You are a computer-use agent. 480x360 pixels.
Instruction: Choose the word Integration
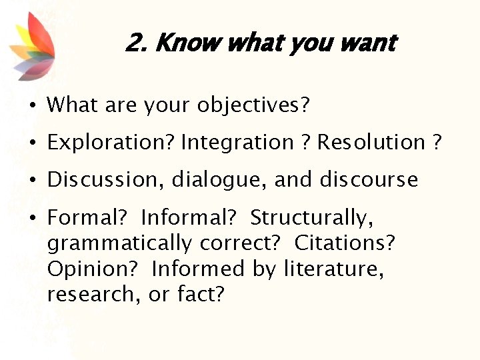237,143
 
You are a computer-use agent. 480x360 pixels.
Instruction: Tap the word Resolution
371,143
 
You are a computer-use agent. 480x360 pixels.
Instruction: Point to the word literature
333,268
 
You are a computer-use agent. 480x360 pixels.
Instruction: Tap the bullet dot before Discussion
32,181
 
